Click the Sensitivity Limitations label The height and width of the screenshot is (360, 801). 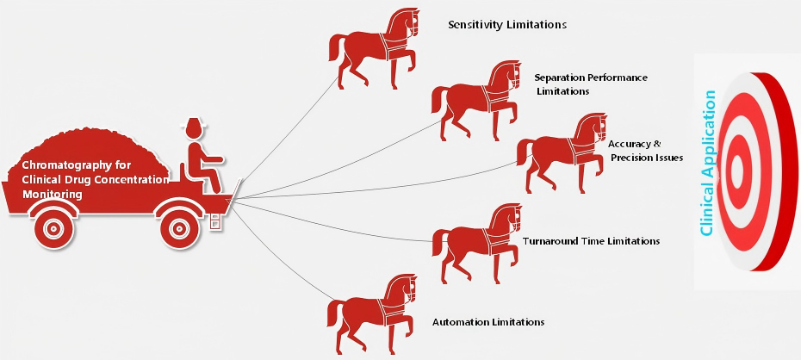(x=506, y=24)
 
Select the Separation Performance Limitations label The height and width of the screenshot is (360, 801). (x=591, y=84)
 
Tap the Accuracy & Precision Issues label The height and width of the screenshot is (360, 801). (x=646, y=151)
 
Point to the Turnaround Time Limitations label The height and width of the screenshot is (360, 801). (x=591, y=240)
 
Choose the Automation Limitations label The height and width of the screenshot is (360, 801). (x=488, y=322)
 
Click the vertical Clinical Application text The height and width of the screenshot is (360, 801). (x=707, y=164)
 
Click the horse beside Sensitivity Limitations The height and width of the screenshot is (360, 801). (x=375, y=48)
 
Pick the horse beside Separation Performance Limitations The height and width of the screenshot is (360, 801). (x=476, y=101)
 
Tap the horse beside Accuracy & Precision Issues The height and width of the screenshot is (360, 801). (x=562, y=153)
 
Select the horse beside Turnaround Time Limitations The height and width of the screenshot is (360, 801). (x=477, y=243)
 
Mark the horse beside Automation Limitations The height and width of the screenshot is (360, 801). (x=372, y=313)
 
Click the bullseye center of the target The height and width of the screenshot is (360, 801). (x=737, y=171)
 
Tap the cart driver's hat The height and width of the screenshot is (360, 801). (x=195, y=125)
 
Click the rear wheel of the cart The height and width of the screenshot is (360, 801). (x=54, y=228)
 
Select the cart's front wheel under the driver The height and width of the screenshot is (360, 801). (x=179, y=228)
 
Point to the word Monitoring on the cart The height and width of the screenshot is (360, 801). (x=52, y=195)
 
